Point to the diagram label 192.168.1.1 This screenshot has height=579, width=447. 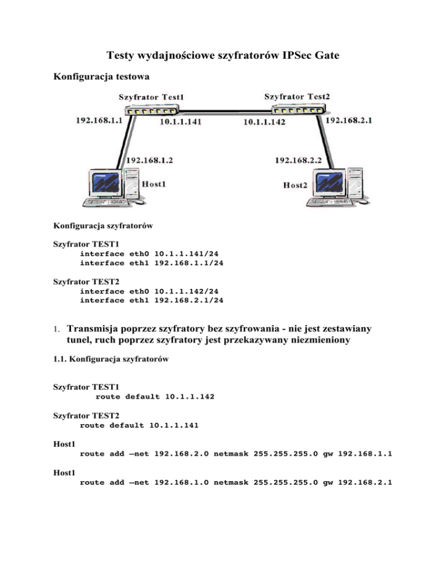coord(100,120)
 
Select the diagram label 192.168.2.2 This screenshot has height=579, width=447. coord(300,158)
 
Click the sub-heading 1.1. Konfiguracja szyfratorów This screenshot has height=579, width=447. coord(111,360)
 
